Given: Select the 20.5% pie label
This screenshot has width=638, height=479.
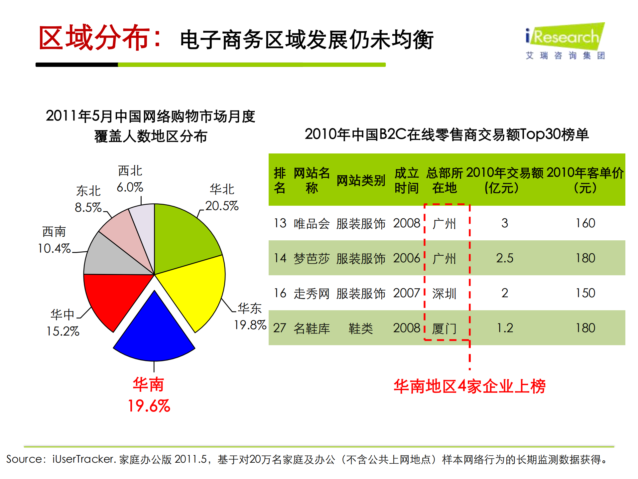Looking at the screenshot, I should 222,206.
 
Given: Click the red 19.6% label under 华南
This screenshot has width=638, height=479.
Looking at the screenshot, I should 149,406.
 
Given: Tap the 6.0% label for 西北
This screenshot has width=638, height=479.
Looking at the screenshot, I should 130,187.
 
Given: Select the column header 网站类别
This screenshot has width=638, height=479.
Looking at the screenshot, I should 361,180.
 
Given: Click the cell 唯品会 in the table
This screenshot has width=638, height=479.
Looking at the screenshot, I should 312,223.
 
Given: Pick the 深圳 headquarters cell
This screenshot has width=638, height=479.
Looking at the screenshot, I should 444,293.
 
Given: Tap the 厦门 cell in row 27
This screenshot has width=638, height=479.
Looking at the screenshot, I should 444,329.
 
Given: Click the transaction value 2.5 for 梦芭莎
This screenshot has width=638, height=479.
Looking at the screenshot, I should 504,258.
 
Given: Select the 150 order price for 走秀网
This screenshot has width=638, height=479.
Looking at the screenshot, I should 585,293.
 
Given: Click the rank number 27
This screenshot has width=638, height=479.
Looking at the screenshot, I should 280,328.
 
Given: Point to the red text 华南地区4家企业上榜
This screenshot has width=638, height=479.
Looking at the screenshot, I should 469,386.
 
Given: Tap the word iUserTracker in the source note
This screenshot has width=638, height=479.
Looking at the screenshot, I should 83,459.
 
